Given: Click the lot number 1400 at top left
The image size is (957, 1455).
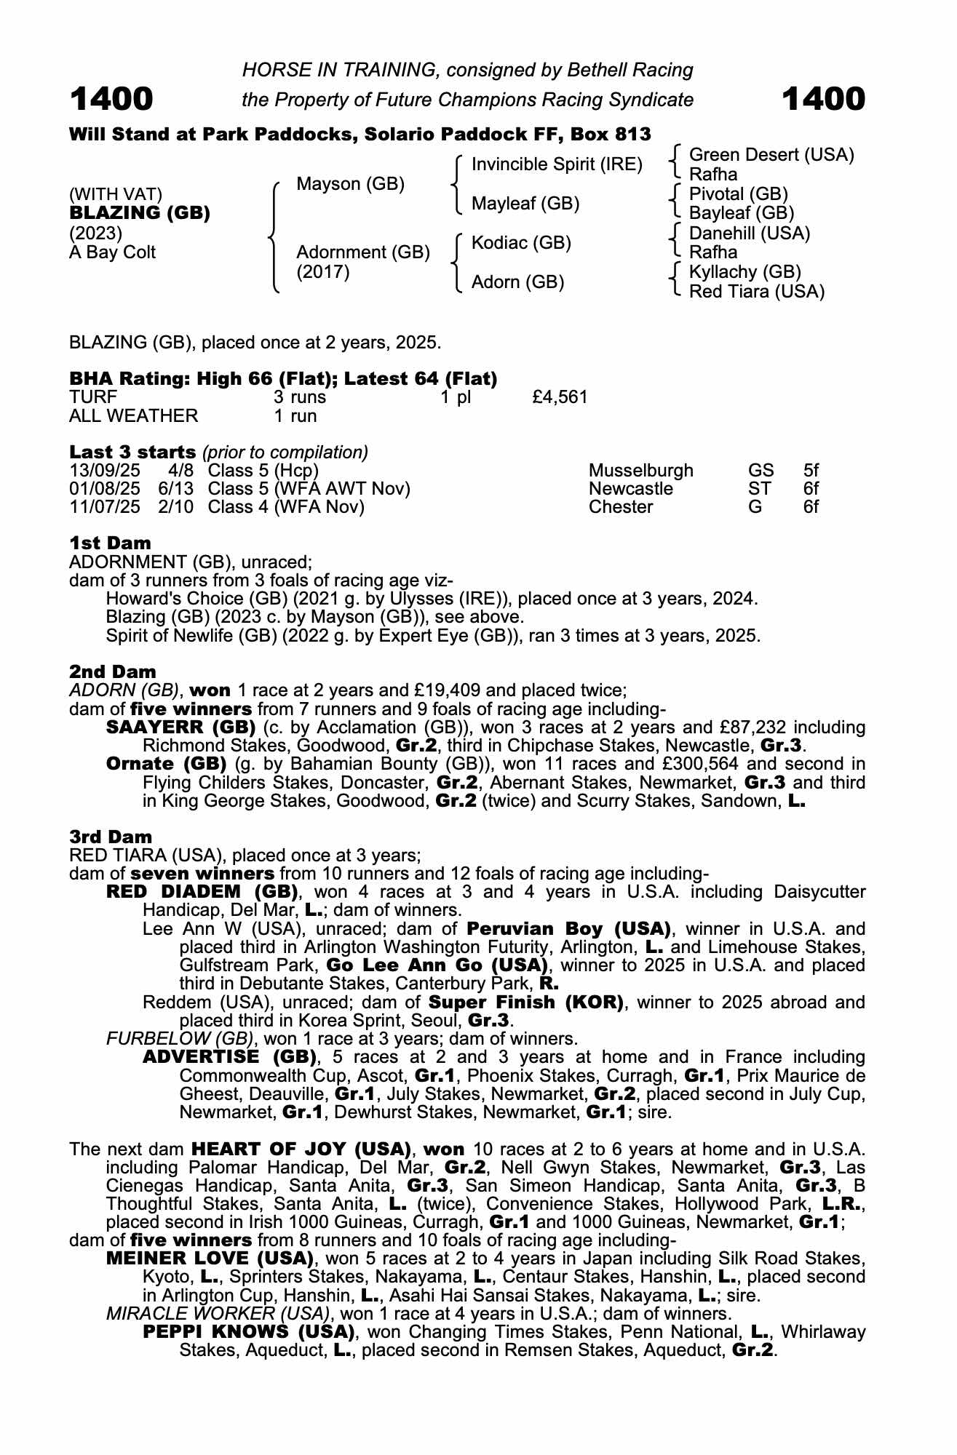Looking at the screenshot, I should coord(111,99).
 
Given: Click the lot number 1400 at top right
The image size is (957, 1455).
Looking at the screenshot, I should coord(824,99).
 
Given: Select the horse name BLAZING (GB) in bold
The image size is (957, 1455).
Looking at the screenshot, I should coord(140,213).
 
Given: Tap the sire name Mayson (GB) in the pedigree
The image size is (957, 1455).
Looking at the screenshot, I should coord(350,184).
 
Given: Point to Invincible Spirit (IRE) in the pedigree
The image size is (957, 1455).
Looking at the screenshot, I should coord(557,164).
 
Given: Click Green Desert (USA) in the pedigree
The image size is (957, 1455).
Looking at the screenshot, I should coord(771,155).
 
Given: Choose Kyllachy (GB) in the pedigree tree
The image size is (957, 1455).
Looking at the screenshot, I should coord(744,272).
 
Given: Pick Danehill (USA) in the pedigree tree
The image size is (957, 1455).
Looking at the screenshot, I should coord(749,234).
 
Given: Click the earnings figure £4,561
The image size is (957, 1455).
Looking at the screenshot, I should coord(560,397).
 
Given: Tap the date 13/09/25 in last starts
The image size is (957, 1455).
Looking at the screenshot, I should coord(105,471).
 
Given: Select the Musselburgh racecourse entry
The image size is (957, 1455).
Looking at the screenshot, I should coord(640,471).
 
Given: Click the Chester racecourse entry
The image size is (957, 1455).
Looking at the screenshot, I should coord(621,507).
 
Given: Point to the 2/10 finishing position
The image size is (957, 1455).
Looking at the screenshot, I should coord(176,507).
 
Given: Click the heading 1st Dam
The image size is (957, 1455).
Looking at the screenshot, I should coord(110,543).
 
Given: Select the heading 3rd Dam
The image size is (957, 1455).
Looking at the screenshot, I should coord(111,837).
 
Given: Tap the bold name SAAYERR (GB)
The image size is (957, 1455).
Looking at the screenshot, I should coord(180,727).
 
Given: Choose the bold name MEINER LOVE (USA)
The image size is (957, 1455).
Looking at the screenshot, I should coord(210,1259).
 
